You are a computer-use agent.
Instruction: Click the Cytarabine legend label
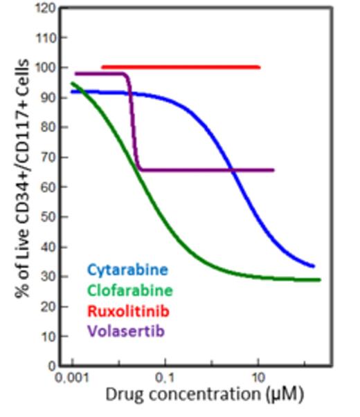127,270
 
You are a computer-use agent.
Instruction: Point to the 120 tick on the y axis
45,9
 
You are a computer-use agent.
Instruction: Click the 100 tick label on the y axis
45,68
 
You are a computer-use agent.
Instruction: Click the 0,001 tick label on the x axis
72,380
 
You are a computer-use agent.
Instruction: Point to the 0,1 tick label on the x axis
165,380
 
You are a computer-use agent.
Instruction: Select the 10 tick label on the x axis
258,380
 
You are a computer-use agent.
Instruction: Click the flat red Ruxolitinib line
180,67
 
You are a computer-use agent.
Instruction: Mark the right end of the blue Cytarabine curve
313,266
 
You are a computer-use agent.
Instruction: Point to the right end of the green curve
320,280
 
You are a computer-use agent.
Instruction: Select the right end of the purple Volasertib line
273,169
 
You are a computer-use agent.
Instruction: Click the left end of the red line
103,67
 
